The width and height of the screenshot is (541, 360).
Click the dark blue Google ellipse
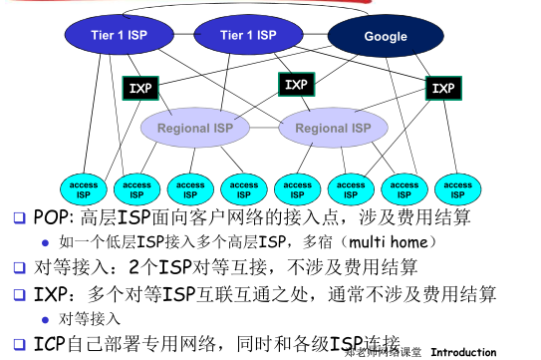click(x=385, y=37)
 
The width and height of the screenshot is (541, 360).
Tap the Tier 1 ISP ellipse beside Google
click(x=247, y=35)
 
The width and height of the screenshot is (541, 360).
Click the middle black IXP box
click(x=296, y=85)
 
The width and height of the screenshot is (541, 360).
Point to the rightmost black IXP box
click(x=442, y=89)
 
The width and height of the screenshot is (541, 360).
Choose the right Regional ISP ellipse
click(x=333, y=129)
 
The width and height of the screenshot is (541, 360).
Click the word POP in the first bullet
click(x=50, y=216)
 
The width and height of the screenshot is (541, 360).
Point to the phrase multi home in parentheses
click(x=402, y=242)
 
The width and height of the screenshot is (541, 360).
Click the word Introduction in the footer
click(x=463, y=352)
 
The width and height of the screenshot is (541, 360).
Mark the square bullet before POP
click(x=17, y=217)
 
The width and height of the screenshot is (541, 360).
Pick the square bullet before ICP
click(x=17, y=344)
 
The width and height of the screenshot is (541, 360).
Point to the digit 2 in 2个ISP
click(x=135, y=268)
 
